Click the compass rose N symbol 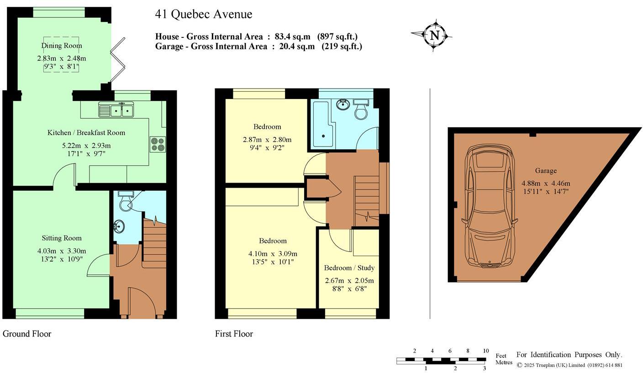(435, 36)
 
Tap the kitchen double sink (116, 110)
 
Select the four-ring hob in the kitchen (158, 144)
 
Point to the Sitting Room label (62, 238)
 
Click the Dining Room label (62, 46)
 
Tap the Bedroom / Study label (349, 268)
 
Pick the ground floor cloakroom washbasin (119, 226)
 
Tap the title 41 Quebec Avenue (204, 14)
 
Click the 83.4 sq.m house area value (293, 37)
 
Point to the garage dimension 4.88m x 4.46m (546, 183)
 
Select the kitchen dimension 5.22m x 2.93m (86, 146)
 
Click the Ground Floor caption (27, 334)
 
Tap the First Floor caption (234, 334)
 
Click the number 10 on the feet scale (486, 351)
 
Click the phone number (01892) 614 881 (605, 365)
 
